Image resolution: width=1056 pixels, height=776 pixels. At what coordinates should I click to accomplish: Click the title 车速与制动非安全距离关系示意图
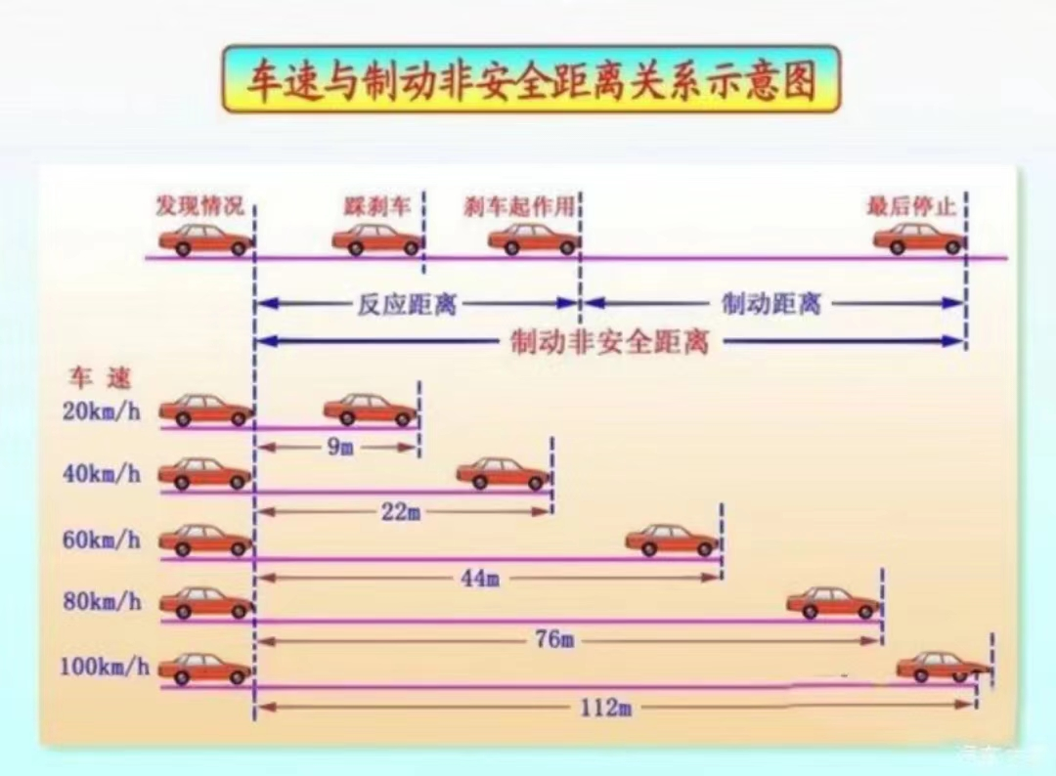531,80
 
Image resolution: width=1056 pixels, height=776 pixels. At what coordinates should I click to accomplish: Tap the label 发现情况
199,205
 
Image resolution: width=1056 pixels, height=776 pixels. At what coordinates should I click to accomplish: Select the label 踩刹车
377,206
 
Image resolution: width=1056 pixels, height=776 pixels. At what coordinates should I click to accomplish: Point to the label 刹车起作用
519,206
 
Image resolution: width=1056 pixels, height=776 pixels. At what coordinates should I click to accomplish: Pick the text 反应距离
407,304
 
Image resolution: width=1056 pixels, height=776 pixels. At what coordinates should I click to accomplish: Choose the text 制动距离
771,304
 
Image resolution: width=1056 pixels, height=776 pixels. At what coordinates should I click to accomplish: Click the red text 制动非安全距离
610,342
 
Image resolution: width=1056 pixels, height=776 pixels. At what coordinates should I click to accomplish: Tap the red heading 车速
100,378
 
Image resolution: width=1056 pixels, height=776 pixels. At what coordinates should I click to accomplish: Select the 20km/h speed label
102,410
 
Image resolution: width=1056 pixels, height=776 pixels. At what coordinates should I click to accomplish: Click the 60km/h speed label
102,539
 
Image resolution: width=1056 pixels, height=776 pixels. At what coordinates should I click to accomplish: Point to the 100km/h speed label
105,667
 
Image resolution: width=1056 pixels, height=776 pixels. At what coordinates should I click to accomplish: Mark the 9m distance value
340,447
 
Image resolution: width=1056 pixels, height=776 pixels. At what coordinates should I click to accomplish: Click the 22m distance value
401,512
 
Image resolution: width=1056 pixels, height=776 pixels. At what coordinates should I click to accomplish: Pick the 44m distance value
480,578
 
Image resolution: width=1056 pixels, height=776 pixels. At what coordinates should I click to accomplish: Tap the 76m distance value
555,639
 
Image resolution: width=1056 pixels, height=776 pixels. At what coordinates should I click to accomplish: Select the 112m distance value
606,708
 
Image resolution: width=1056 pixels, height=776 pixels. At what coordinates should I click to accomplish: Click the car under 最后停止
919,239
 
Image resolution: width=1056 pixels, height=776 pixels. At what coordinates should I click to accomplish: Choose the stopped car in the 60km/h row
672,539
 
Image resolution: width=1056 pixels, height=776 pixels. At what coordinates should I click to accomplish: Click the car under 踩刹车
377,239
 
